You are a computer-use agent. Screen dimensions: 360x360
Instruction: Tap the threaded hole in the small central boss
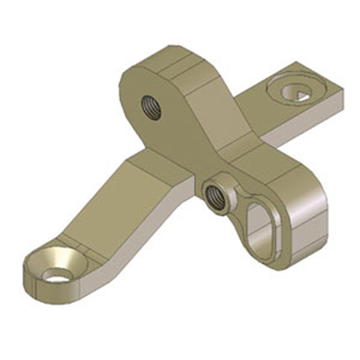(215, 196)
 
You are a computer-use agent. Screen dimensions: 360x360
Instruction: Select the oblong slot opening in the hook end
(260, 229)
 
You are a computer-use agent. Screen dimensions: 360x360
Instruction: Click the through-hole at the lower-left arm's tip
(58, 275)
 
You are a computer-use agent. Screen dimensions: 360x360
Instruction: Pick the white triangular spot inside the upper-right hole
(302, 94)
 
